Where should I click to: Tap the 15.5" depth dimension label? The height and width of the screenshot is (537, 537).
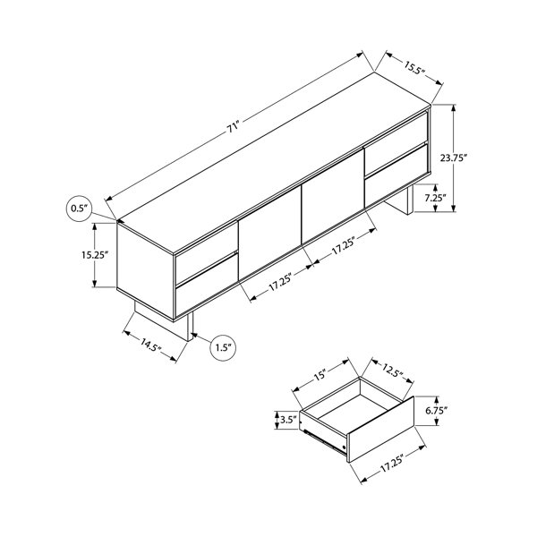coord(414,69)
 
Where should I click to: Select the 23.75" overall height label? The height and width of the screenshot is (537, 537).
coord(454,158)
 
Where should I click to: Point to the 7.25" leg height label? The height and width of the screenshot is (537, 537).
coord(435,198)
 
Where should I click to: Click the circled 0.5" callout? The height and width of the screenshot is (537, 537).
coord(79,209)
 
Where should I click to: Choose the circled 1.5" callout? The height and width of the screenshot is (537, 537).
coord(223,348)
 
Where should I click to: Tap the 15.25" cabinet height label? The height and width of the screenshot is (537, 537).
coord(95,255)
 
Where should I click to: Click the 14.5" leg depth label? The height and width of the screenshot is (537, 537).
coord(150,345)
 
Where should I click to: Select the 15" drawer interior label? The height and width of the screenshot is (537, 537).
coord(320,375)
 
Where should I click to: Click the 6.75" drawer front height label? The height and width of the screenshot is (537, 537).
coord(437,411)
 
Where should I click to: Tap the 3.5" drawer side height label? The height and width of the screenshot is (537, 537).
coord(287,420)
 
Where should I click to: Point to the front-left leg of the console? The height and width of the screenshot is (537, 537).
coord(190,327)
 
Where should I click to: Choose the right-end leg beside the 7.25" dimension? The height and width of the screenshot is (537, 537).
coord(410,200)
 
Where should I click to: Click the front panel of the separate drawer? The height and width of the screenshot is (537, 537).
coord(380,430)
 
